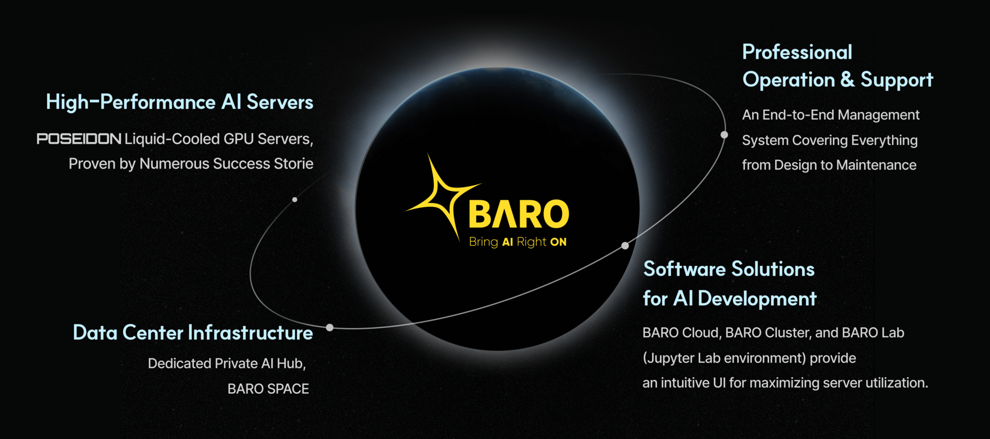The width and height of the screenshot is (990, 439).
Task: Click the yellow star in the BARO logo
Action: pos(438,198)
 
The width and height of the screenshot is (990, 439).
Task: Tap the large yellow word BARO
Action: pos(519,214)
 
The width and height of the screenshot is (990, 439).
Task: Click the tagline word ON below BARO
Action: pos(558,242)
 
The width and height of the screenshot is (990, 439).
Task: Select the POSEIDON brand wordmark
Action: pos(79,139)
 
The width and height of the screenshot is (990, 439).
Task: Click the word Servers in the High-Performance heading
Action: pos(280,102)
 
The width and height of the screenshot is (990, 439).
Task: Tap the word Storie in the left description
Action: pos(293,163)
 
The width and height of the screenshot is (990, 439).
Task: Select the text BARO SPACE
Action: pos(268,389)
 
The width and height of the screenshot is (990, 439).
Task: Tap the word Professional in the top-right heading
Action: pos(797,52)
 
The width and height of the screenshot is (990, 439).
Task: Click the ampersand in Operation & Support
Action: pos(847,79)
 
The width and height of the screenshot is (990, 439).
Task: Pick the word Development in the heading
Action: pos(757,299)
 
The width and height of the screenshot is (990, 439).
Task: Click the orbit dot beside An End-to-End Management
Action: pos(724,134)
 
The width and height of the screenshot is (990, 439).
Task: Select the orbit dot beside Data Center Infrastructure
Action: pos(330,327)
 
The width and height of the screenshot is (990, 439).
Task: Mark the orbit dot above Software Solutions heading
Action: pos(625,246)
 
